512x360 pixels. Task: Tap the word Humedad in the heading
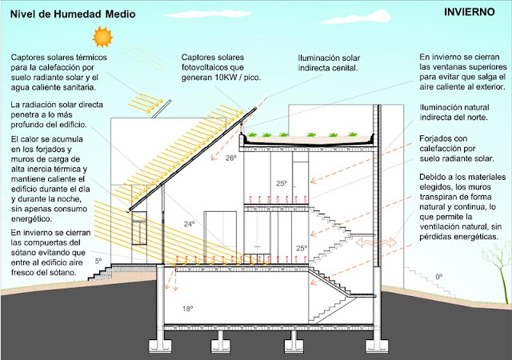pos(87,14)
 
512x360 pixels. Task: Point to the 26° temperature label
pos(231,158)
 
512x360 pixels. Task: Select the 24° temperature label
pos(188,225)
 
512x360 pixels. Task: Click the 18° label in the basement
pos(186,308)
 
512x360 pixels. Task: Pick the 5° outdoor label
pos(98,261)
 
